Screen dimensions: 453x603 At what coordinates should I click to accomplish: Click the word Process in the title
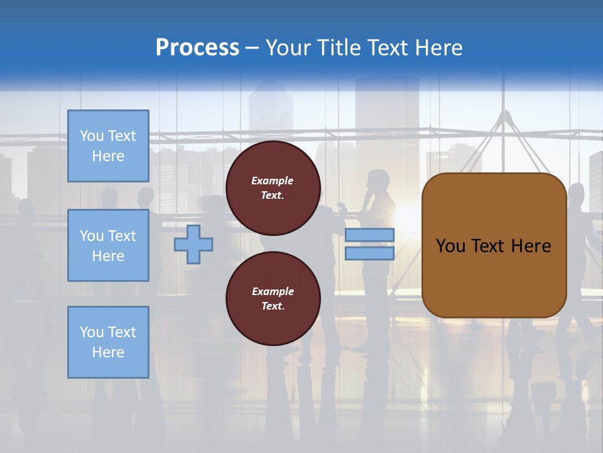click(197, 48)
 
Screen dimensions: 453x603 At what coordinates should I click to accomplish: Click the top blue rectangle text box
click(108, 146)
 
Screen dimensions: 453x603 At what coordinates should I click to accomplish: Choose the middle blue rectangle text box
click(108, 245)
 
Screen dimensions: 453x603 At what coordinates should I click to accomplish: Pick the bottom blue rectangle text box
click(108, 342)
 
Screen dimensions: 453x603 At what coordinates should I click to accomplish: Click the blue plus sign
click(193, 244)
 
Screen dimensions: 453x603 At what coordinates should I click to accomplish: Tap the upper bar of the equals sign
click(369, 235)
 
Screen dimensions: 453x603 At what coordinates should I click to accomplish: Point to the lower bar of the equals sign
click(369, 253)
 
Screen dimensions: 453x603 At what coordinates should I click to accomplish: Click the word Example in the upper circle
click(273, 181)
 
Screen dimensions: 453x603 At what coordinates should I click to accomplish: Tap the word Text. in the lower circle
click(273, 306)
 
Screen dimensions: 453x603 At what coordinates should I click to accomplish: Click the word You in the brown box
click(450, 246)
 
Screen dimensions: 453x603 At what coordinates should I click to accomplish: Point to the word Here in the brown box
click(531, 246)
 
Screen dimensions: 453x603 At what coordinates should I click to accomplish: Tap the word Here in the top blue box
click(108, 156)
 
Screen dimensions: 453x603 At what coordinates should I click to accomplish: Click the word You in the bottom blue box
click(92, 332)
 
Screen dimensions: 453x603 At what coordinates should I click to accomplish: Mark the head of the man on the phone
click(378, 178)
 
